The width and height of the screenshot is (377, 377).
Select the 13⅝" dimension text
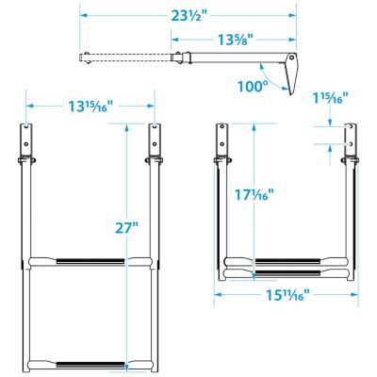(x=214, y=41)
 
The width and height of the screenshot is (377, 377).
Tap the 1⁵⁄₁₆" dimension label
(x=333, y=97)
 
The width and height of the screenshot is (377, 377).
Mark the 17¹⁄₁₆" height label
(x=254, y=196)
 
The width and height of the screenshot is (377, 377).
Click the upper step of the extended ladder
(x=90, y=261)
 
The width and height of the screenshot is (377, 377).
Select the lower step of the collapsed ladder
(x=286, y=276)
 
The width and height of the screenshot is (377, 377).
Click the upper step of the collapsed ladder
(x=286, y=261)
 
